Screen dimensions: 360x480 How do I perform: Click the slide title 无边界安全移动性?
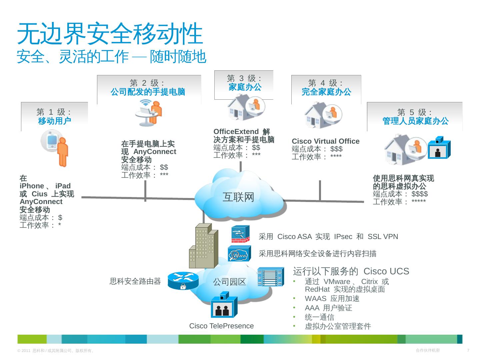pyautogui.click(x=110, y=34)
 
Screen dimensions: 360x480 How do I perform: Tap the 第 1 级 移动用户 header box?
pyautogui.click(x=54, y=117)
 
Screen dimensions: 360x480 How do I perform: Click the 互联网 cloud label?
pyautogui.click(x=238, y=197)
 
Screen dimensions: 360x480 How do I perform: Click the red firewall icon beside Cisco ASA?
pyautogui.click(x=240, y=234)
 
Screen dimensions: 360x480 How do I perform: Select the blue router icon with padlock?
pyautogui.click(x=183, y=281)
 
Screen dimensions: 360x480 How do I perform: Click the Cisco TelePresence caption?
pyautogui.click(x=221, y=326)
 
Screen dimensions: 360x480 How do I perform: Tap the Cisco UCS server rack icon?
pyautogui.click(x=271, y=277)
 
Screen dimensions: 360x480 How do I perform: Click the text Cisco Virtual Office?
pyautogui.click(x=326, y=141)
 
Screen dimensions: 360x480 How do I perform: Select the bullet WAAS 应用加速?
pyautogui.click(x=332, y=299)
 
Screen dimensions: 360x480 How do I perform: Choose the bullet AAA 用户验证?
pyautogui.click(x=328, y=308)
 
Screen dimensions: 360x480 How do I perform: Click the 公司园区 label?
pyautogui.click(x=229, y=282)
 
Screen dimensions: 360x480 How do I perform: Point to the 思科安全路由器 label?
pyautogui.click(x=135, y=281)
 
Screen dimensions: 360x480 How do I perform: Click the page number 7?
pyautogui.click(x=468, y=350)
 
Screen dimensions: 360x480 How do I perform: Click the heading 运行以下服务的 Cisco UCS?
pyautogui.click(x=351, y=271)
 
